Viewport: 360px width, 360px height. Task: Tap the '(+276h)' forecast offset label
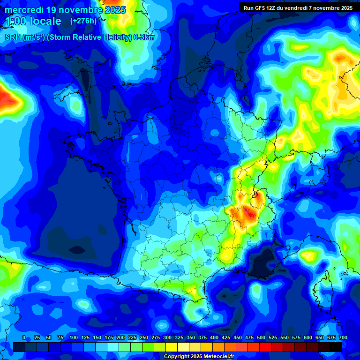83,21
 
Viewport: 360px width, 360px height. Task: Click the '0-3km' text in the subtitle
144,37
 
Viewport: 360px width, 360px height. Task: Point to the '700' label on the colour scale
343,337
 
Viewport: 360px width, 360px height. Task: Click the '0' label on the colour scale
24,337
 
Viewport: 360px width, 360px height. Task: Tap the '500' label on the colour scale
261,337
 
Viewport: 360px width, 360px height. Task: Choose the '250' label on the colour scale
144,337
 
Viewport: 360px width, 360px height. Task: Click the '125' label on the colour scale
85,337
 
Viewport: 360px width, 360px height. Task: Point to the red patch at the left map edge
7,98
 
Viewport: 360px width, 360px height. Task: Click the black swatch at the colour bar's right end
336,347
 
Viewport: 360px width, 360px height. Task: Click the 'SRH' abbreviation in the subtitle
13,37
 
